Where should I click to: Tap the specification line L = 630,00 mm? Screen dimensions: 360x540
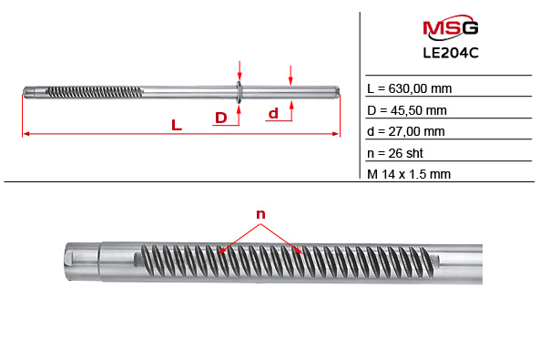click(x=409, y=89)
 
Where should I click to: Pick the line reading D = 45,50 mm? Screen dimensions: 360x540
click(x=406, y=110)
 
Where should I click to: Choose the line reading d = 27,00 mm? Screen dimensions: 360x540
click(x=405, y=131)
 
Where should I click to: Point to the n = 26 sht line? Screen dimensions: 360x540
click(x=394, y=152)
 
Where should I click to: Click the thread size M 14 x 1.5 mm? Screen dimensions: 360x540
click(x=408, y=174)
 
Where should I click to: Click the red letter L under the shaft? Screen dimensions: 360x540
click(x=177, y=126)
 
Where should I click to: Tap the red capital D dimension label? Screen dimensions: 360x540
click(x=220, y=118)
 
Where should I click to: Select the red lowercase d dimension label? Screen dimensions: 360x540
click(x=272, y=114)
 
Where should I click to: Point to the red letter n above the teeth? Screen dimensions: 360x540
click(x=260, y=215)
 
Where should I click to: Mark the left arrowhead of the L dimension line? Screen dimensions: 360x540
click(x=25, y=135)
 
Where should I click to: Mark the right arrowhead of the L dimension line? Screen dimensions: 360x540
click(x=335, y=135)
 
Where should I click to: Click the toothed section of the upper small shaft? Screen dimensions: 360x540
click(x=91, y=90)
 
